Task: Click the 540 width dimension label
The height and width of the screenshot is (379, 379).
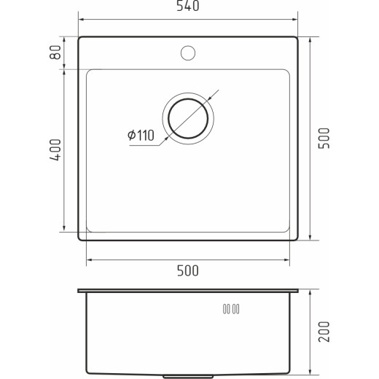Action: click(x=188, y=6)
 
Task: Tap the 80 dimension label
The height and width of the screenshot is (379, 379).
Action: click(x=55, y=52)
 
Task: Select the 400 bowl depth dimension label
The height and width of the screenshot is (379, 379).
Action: click(x=55, y=149)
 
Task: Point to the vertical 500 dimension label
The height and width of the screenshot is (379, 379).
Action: click(x=324, y=138)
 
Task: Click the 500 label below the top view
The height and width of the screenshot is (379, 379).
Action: click(x=188, y=270)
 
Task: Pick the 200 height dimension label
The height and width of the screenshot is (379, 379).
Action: click(x=324, y=332)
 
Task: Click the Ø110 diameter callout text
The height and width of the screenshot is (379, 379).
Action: click(x=141, y=136)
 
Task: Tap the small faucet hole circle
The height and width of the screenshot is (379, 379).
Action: click(x=188, y=53)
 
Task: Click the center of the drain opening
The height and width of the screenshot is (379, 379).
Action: click(x=188, y=119)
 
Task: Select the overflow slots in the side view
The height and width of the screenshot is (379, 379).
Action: click(x=231, y=309)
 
